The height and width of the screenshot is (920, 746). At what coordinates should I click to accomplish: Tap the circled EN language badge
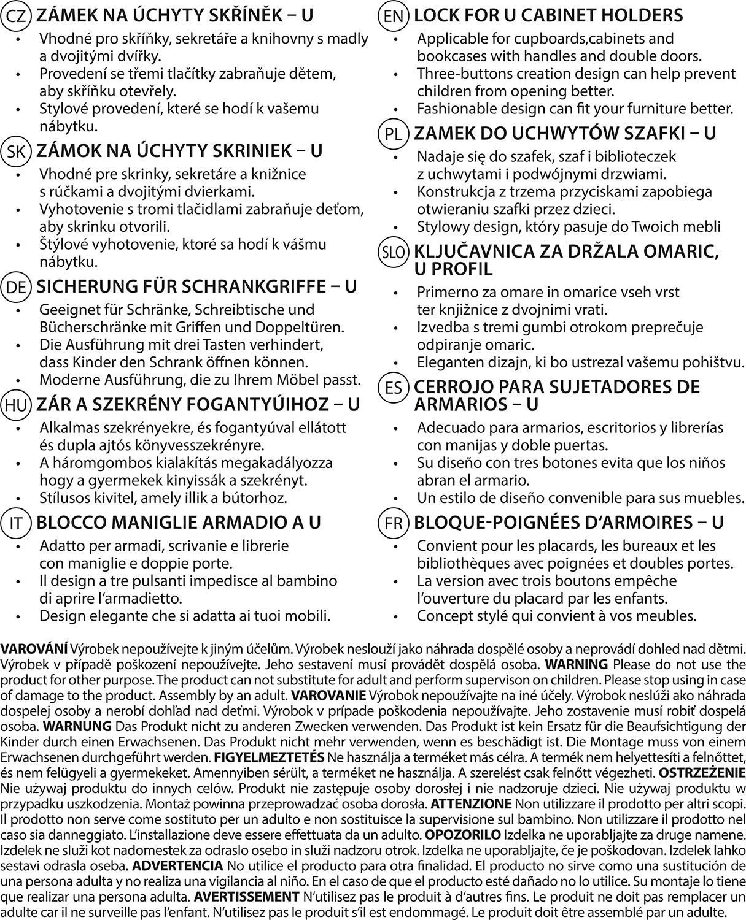[x=394, y=16]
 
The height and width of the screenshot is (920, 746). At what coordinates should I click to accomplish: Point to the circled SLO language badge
[x=394, y=253]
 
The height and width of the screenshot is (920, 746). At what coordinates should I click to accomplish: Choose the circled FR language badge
[x=394, y=523]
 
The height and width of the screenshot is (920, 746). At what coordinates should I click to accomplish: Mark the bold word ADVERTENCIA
[x=177, y=865]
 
